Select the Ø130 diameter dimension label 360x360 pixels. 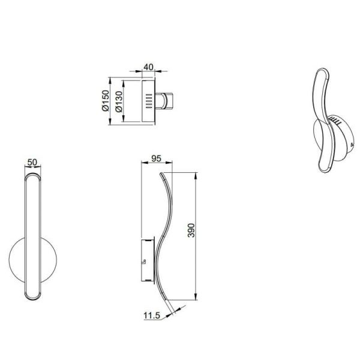pos(119,101)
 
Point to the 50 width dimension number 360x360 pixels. pos(33,163)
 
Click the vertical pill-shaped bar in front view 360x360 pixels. pos(34,234)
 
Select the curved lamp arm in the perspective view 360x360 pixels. pos(323,114)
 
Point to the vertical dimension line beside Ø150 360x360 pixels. pos(110,101)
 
